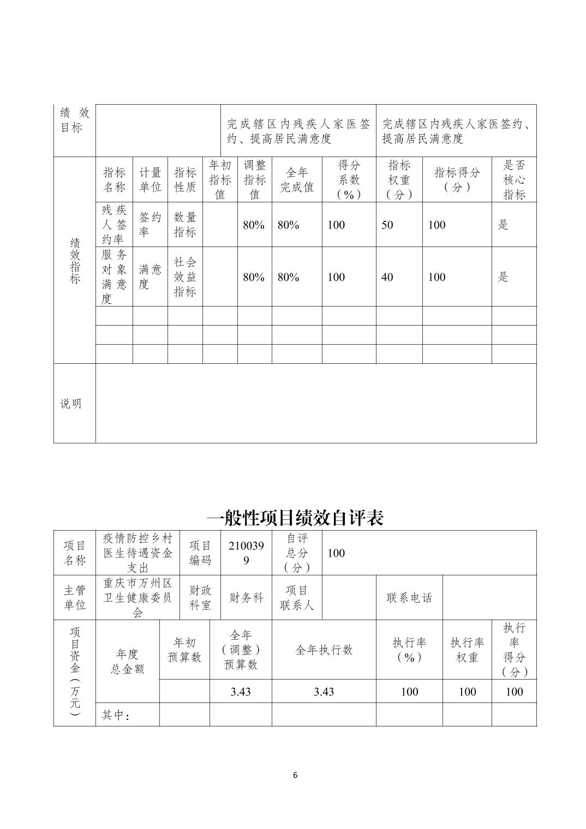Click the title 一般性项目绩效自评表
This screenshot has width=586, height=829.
coord(295,517)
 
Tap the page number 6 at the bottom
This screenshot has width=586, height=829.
coord(295,775)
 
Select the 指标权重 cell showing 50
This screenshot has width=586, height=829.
coord(387,225)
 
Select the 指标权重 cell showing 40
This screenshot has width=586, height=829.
coord(387,277)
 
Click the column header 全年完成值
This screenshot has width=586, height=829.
coord(297,180)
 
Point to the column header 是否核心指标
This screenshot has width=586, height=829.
coord(513,180)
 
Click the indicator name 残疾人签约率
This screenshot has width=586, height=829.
coord(114,225)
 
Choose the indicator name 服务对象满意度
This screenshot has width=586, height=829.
coord(114,277)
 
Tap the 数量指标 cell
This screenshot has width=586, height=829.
coord(185,225)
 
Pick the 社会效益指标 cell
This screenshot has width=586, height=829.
coord(185,277)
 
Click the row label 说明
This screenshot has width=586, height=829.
coord(71,404)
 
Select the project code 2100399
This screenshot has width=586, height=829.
coord(246,553)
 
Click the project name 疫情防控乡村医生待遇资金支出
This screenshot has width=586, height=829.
coord(137,553)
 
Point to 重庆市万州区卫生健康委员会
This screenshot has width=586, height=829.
coord(137,598)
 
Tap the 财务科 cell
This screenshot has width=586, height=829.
coord(246,598)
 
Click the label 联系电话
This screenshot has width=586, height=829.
coord(409,598)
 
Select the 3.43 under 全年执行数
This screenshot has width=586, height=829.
coord(324,692)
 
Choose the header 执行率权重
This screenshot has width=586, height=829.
coord(467,650)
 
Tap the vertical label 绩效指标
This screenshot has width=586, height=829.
coord(75,260)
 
